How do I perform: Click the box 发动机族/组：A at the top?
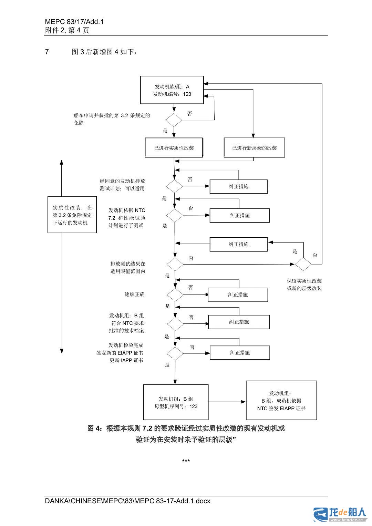tap(172, 90)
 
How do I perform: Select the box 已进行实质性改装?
tap(174, 148)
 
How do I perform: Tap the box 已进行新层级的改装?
tap(254, 148)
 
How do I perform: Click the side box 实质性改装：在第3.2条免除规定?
tap(72, 215)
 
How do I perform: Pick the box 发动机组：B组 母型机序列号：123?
tap(176, 403)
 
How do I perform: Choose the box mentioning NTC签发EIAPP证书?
tap(281, 401)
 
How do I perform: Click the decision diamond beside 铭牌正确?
tap(175, 295)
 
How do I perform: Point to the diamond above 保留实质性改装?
tap(303, 264)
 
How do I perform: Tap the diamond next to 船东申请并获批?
tap(174, 120)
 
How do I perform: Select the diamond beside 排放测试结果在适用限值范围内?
tap(175, 264)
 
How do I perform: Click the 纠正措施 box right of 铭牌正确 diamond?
tap(238, 295)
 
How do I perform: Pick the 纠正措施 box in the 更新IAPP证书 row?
tap(240, 353)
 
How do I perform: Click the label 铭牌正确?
tap(134, 295)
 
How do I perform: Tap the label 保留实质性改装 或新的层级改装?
tap(304, 285)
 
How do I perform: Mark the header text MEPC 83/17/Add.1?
tap(74, 22)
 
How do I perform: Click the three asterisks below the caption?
tap(186, 461)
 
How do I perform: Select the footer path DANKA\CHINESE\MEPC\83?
tap(127, 501)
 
